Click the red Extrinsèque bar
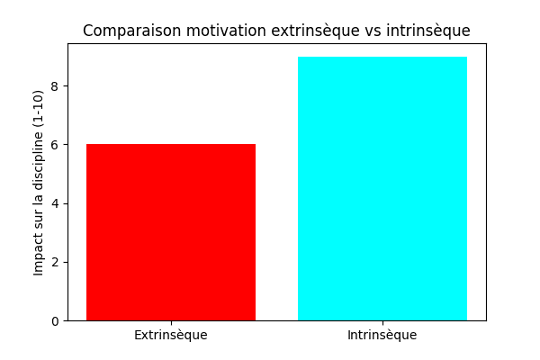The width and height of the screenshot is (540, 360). [x=171, y=232]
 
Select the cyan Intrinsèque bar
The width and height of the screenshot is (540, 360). [x=382, y=188]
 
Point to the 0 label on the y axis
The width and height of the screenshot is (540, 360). [x=55, y=321]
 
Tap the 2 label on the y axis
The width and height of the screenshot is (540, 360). [x=55, y=263]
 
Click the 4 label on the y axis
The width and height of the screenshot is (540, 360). [x=55, y=203]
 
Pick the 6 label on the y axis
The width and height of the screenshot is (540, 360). [x=55, y=145]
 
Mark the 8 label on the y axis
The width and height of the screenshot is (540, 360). [x=55, y=86]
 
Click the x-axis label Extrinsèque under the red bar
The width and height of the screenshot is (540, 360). [x=171, y=335]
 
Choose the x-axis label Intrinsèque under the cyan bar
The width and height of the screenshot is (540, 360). [x=382, y=335]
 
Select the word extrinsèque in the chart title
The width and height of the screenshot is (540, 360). [x=316, y=31]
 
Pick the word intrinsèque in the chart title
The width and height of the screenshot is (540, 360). [x=428, y=31]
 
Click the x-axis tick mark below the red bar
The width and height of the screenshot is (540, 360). [x=171, y=323]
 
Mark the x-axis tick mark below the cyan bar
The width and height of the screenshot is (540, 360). [x=382, y=323]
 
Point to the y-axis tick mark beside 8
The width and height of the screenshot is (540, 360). [x=66, y=85]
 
